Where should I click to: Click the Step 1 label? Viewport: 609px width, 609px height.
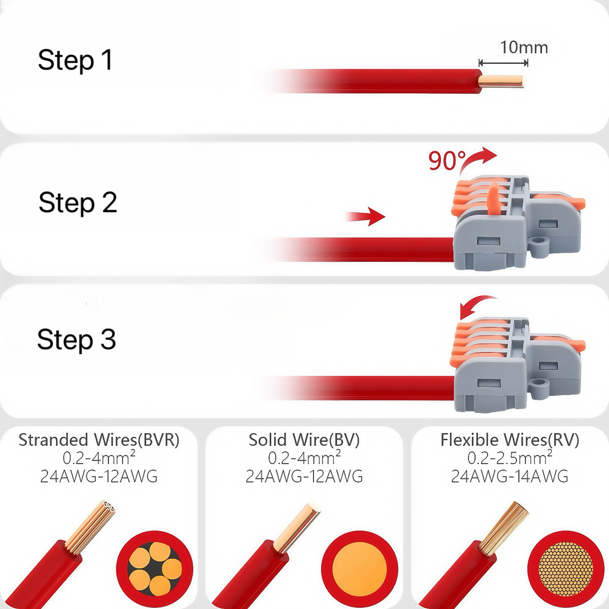tap(76, 60)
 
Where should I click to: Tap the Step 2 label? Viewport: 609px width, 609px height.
tap(78, 203)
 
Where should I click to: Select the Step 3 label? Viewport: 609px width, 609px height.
tap(77, 339)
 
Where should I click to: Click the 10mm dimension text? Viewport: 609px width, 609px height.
tap(524, 48)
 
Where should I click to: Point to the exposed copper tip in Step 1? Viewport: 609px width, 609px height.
tap(501, 82)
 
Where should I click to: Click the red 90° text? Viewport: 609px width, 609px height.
tap(446, 160)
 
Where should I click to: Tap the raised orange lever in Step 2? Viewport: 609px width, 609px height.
tap(494, 199)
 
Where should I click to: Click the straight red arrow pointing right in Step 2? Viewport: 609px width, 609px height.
tap(365, 216)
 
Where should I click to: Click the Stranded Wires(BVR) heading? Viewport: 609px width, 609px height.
tap(99, 440)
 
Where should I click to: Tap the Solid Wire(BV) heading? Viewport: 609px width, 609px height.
tap(304, 440)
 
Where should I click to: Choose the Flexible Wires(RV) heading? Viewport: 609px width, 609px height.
tap(510, 440)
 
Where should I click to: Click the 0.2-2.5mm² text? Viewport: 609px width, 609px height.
tap(510, 457)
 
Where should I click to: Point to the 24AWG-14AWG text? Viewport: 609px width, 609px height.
tap(510, 476)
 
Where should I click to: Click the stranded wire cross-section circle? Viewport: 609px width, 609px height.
tap(155, 569)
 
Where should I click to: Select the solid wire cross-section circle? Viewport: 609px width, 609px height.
tap(360, 569)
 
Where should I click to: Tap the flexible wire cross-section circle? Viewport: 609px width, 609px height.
tap(566, 569)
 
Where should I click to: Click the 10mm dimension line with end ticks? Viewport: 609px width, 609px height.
tap(504, 63)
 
